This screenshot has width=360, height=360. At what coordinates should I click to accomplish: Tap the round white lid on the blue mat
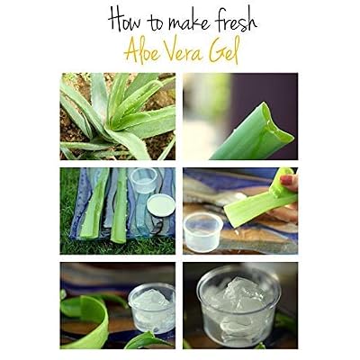161,205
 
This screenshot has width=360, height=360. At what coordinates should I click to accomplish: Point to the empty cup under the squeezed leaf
202,232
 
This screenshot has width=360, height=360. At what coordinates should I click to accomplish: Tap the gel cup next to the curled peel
152,308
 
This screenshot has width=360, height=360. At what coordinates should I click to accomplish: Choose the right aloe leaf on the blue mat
120,206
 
